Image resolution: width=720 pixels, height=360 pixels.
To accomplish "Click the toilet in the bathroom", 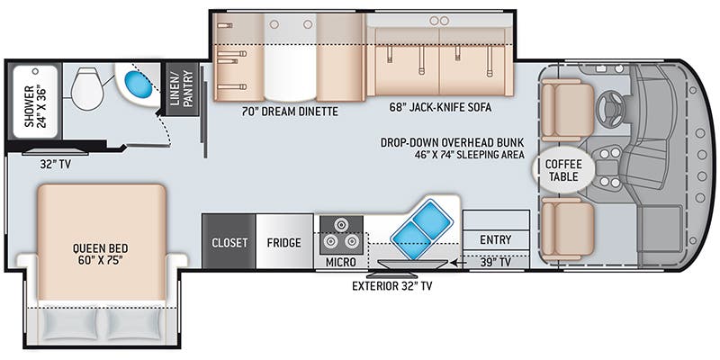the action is [88, 88].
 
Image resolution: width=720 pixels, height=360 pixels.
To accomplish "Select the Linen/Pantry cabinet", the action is [183, 88].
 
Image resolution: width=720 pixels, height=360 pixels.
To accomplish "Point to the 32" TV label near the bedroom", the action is [55, 164].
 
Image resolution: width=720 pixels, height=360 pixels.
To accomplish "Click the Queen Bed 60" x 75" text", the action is [100, 254].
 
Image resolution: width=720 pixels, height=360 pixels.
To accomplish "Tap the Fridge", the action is [284, 241].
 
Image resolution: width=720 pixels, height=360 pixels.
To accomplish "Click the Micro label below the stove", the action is [341, 262].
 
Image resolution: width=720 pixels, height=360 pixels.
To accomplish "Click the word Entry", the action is [496, 239].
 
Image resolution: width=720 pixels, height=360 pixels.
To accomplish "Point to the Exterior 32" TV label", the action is [392, 286].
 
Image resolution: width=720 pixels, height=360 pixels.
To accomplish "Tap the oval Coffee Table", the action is [563, 170].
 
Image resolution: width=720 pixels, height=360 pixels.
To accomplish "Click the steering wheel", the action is [613, 109].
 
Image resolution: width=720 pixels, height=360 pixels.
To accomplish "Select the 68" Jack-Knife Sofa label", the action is [439, 107].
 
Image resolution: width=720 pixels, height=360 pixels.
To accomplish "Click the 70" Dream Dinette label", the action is [290, 111].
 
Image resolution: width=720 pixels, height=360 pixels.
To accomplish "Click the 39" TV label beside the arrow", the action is [496, 262].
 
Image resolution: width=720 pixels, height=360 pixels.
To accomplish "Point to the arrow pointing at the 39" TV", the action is [458, 263].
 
